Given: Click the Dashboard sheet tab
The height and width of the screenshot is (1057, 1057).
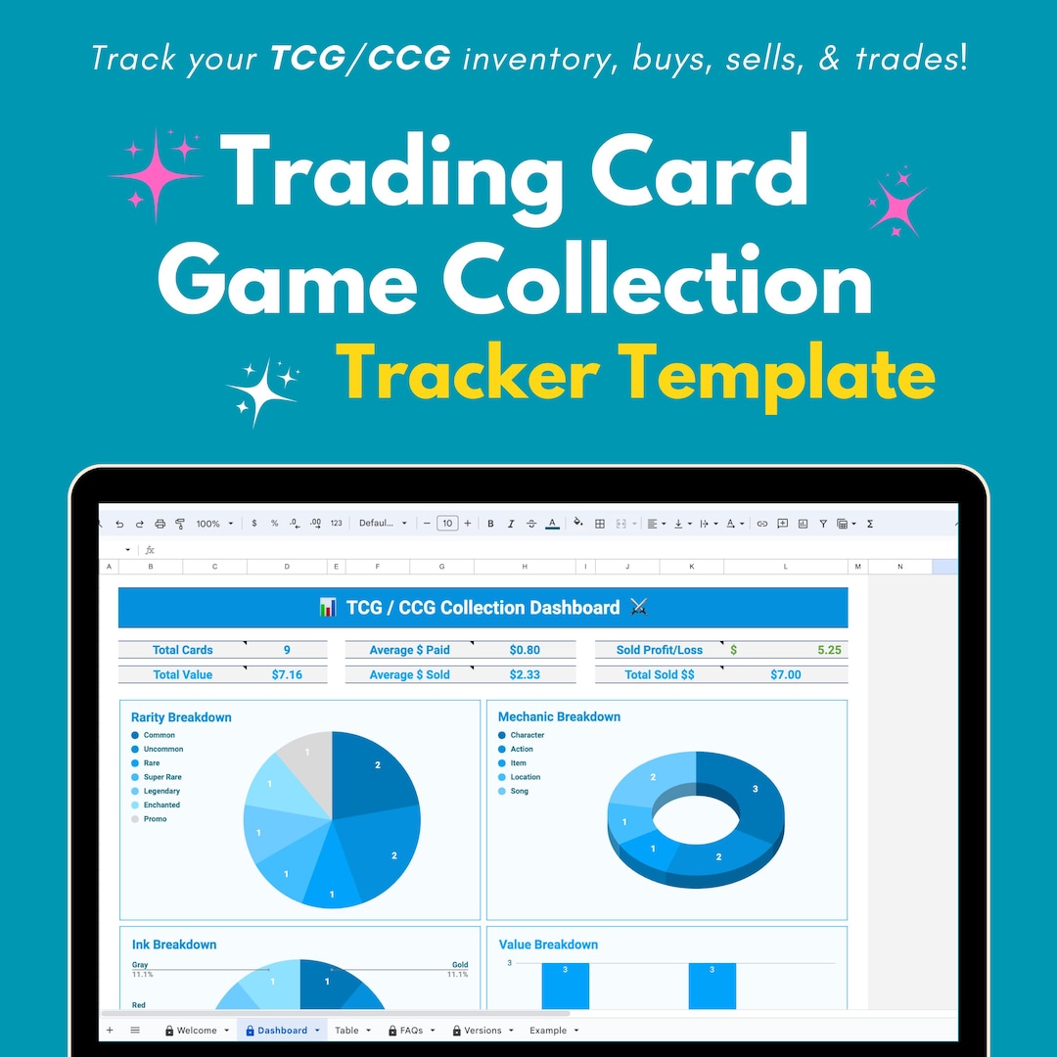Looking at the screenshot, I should (x=282, y=1031).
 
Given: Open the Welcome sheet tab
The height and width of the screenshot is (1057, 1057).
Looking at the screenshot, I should (x=197, y=1031).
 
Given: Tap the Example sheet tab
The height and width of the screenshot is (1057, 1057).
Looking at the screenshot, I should (x=548, y=1031).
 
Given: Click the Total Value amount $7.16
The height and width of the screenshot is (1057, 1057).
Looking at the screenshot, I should (x=287, y=674).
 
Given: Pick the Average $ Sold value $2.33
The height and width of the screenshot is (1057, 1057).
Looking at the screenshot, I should (x=525, y=674).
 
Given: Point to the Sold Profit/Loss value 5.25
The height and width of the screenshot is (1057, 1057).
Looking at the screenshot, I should (x=829, y=650).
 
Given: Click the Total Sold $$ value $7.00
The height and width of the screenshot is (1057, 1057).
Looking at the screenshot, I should (x=785, y=674).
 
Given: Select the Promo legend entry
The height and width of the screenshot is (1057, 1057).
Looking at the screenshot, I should (x=155, y=819).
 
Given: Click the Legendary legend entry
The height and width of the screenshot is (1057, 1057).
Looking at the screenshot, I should (x=161, y=791).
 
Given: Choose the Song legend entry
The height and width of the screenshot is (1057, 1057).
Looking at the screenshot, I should (x=519, y=791).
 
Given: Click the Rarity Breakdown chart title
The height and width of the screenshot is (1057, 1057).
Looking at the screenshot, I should (x=181, y=717).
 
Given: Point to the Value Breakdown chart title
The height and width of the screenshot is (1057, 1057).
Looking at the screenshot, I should (x=548, y=944).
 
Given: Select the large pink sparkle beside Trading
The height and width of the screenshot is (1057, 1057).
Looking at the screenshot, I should (x=157, y=174).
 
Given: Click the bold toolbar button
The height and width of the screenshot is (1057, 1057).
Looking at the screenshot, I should (x=490, y=524).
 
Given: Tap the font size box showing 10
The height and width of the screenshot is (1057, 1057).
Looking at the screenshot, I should (x=447, y=524).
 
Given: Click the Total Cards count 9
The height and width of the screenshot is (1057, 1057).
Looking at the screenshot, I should (x=287, y=650).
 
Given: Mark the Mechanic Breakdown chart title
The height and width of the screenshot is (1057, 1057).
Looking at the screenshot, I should (x=559, y=717).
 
